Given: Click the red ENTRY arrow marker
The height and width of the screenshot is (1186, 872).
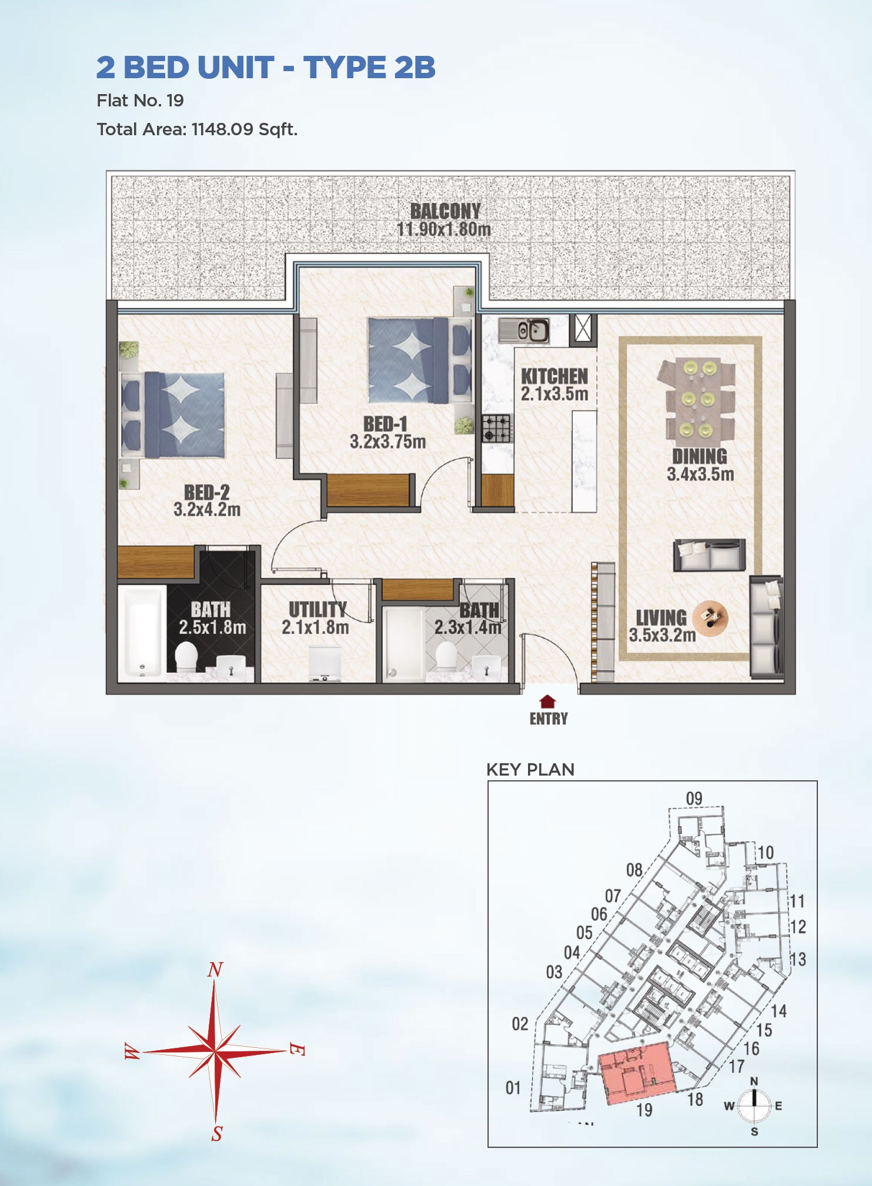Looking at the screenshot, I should [547, 701].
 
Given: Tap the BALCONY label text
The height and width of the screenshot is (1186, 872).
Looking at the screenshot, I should [445, 211].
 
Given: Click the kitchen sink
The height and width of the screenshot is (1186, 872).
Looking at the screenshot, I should [524, 330].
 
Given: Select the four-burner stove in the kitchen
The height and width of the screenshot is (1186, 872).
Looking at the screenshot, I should [496, 428].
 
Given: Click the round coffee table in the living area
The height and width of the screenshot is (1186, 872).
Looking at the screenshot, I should [710, 618].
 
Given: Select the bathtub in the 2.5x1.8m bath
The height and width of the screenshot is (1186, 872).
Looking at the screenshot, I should [141, 632].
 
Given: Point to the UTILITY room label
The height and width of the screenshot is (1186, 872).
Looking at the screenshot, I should [318, 609].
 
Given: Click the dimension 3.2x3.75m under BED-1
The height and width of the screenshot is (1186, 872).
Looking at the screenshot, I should [387, 442].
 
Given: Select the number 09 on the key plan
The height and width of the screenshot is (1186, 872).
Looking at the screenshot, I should [694, 799].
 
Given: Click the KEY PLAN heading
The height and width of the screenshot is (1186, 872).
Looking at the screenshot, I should [530, 770].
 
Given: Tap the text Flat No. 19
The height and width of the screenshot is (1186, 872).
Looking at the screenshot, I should [140, 101].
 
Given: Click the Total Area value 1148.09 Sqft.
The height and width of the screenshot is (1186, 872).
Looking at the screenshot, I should [244, 129].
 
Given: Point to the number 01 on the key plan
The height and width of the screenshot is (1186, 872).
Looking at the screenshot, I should [513, 1088].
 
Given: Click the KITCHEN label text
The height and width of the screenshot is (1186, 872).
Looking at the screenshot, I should [554, 376].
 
